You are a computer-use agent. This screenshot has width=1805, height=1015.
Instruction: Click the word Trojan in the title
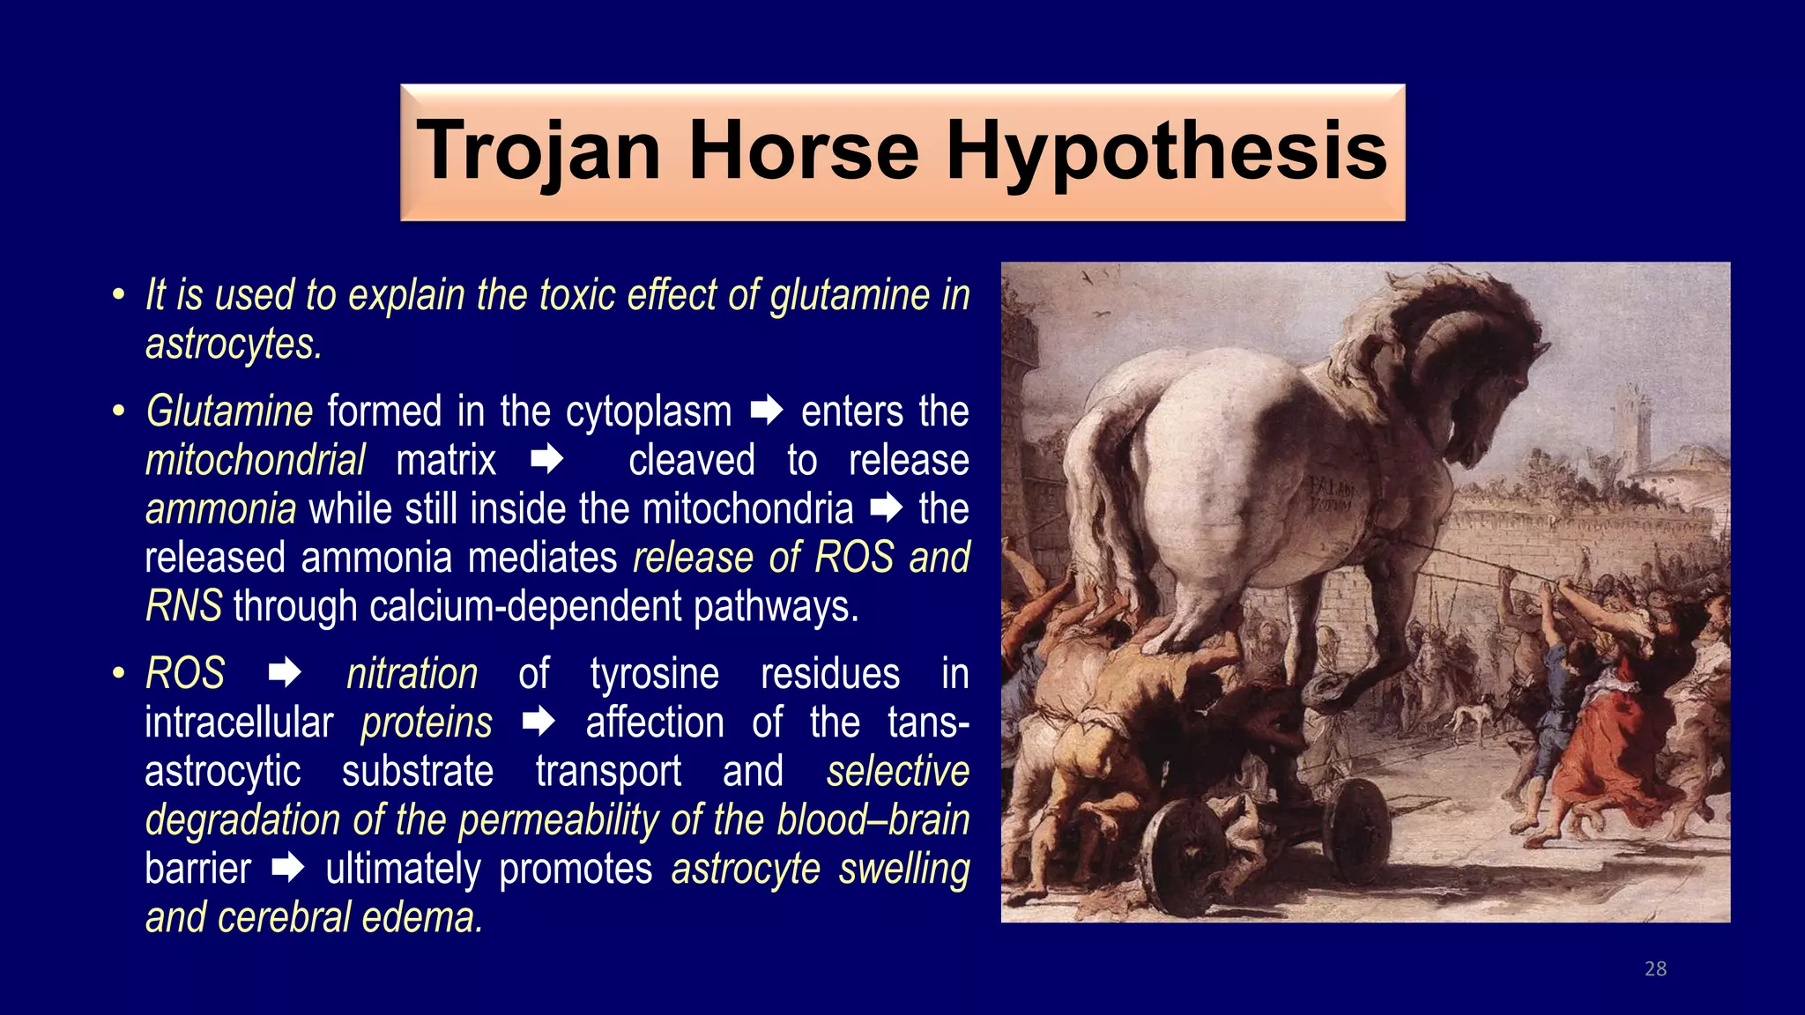point(539,152)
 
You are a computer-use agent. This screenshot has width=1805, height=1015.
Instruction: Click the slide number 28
point(1655,968)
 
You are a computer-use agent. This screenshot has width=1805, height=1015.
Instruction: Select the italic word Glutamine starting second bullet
point(229,411)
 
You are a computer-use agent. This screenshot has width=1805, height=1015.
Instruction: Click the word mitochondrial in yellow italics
point(255,461)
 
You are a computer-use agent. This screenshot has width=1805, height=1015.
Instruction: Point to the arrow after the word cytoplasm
point(766,411)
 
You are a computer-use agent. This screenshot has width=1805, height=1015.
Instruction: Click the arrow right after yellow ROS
point(284,674)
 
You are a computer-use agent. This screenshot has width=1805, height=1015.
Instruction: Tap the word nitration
point(412,674)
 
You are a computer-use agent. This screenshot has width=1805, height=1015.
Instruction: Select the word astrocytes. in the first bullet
point(234,344)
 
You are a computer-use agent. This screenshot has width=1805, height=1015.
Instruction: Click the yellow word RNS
point(183,607)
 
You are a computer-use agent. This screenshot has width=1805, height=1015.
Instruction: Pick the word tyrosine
point(654,674)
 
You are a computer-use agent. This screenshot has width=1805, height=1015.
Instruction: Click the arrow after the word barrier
point(287,869)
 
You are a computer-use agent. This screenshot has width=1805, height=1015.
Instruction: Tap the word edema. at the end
point(422,918)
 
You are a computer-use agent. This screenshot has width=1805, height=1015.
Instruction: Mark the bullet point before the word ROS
point(118,674)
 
